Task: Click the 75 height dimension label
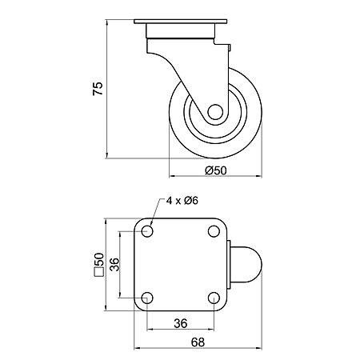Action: point(98,89)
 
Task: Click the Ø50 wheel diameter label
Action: point(216,170)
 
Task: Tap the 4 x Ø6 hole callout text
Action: point(182,200)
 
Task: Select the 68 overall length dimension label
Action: point(198,342)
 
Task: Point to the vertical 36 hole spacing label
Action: point(115,264)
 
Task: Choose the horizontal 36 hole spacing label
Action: point(181,323)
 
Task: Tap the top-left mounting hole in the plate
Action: point(147,231)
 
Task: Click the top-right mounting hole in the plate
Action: point(214,231)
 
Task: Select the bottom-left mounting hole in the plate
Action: point(147,298)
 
